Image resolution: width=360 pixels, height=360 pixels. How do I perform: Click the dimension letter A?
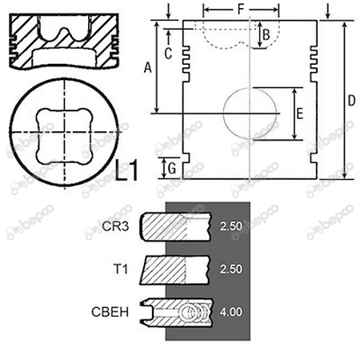click(147, 67)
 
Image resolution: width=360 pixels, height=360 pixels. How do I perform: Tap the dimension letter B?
click(266, 35)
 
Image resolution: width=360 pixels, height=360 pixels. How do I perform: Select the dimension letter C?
click(168, 54)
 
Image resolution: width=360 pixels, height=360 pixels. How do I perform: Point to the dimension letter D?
click(352, 101)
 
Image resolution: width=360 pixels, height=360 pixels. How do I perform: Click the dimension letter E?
click(300, 114)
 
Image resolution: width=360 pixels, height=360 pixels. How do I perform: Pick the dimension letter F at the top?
click(241, 10)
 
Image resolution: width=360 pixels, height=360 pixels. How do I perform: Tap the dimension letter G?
click(172, 168)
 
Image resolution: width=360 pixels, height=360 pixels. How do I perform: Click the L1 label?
click(127, 170)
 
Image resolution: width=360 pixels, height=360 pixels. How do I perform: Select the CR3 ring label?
click(115, 226)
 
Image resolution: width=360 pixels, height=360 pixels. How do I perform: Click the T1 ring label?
click(121, 269)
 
